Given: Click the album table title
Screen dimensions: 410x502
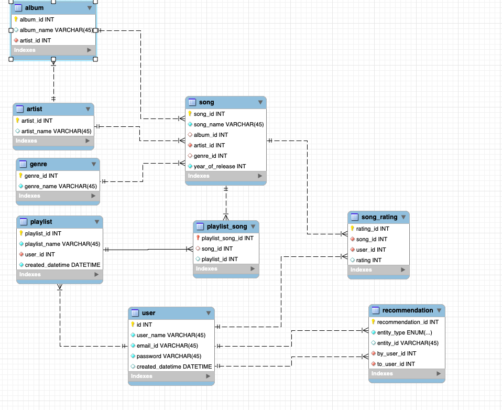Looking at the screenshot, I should point(34,8).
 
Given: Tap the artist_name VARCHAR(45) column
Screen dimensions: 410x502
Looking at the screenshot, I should point(56,131).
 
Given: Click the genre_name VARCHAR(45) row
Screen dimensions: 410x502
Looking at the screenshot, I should point(60,186).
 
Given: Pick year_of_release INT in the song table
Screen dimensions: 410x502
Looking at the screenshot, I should point(220,166).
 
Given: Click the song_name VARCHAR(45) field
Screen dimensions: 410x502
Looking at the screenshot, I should point(228,124).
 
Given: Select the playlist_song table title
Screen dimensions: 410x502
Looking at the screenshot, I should point(226,226).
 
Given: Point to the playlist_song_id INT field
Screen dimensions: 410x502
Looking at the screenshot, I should point(227,238).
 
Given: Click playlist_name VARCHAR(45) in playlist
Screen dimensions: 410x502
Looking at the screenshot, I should point(62,244).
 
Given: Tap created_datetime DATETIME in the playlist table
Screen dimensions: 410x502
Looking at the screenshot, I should point(62,265).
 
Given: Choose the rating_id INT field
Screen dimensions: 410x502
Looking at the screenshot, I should point(373,229).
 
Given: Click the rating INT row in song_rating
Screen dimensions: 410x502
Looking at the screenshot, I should point(369,260).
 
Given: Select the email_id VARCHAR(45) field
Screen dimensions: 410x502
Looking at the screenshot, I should point(167,346).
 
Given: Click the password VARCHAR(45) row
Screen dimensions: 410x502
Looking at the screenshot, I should point(169,356).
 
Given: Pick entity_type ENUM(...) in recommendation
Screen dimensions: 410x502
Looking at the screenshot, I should point(404,332).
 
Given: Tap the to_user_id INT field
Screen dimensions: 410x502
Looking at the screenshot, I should point(396,364).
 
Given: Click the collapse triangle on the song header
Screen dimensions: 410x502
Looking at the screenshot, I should point(260,103).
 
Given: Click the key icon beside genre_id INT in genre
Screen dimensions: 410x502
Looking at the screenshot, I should point(21,176).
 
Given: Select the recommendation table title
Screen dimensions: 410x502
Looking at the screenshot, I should point(407,310).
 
